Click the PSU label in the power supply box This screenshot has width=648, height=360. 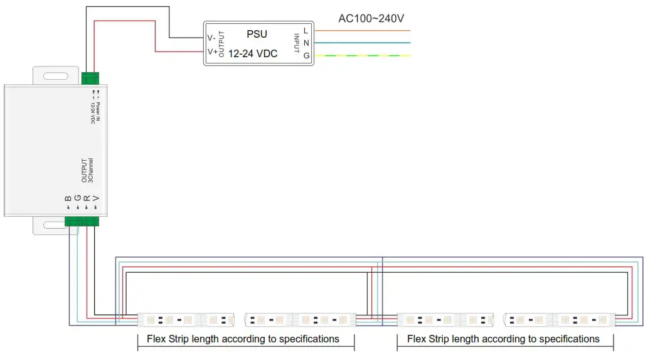257,34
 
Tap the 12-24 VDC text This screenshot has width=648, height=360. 252,54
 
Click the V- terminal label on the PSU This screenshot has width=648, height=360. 211,37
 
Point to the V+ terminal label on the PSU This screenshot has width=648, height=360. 212,52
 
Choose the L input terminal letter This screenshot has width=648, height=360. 305,30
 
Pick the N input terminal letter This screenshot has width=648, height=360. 305,43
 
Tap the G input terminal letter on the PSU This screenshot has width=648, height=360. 306,55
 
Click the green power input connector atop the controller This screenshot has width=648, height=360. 90,79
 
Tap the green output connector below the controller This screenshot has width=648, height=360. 82,221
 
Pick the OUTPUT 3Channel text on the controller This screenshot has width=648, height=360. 87,170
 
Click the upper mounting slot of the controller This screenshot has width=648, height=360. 56,77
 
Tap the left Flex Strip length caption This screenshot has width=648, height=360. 243,339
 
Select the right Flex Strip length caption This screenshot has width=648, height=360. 503,339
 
